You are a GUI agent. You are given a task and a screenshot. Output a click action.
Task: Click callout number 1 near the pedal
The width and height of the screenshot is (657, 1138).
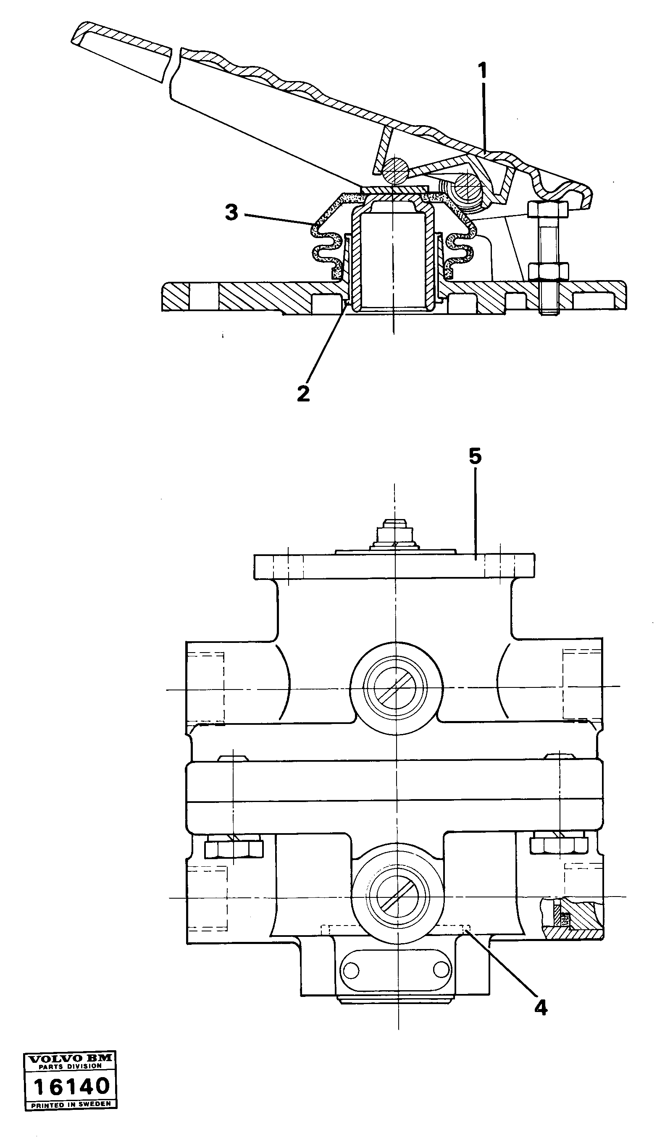click(x=483, y=71)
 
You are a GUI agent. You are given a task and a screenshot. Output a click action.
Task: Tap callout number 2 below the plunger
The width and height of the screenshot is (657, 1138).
click(x=303, y=393)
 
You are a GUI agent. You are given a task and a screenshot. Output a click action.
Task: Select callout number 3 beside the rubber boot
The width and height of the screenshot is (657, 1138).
click(x=231, y=212)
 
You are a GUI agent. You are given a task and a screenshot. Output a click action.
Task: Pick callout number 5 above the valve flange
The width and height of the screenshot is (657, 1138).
click(x=475, y=456)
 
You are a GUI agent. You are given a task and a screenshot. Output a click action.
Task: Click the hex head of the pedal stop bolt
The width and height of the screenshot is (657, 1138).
click(x=546, y=210)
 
